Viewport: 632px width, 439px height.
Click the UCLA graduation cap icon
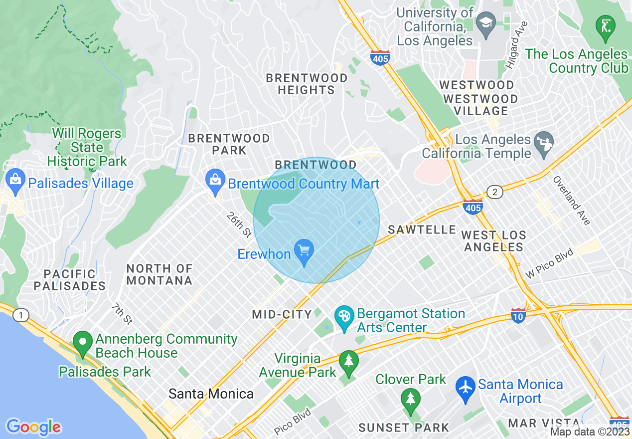point(484,23)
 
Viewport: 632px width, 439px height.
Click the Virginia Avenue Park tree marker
point(348,364)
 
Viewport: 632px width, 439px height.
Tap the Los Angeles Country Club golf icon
point(606,27)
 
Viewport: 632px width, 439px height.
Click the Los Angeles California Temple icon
point(543,143)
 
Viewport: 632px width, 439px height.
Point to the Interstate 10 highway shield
point(518,315)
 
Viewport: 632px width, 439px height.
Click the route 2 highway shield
point(494,193)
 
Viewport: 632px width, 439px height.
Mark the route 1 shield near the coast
point(20,315)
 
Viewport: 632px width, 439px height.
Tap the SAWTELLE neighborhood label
point(422,229)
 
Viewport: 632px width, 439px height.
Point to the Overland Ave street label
point(571,200)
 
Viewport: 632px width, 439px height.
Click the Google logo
point(33,427)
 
